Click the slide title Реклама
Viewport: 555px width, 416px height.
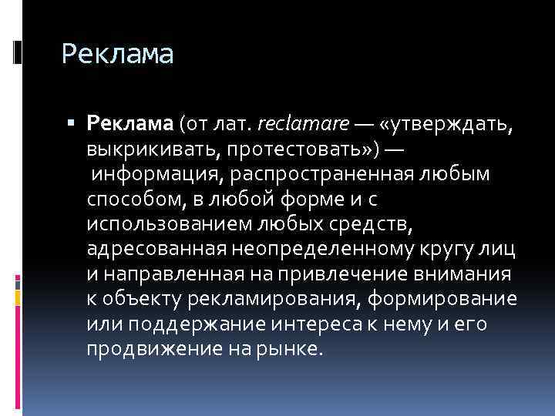[x=117, y=55]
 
